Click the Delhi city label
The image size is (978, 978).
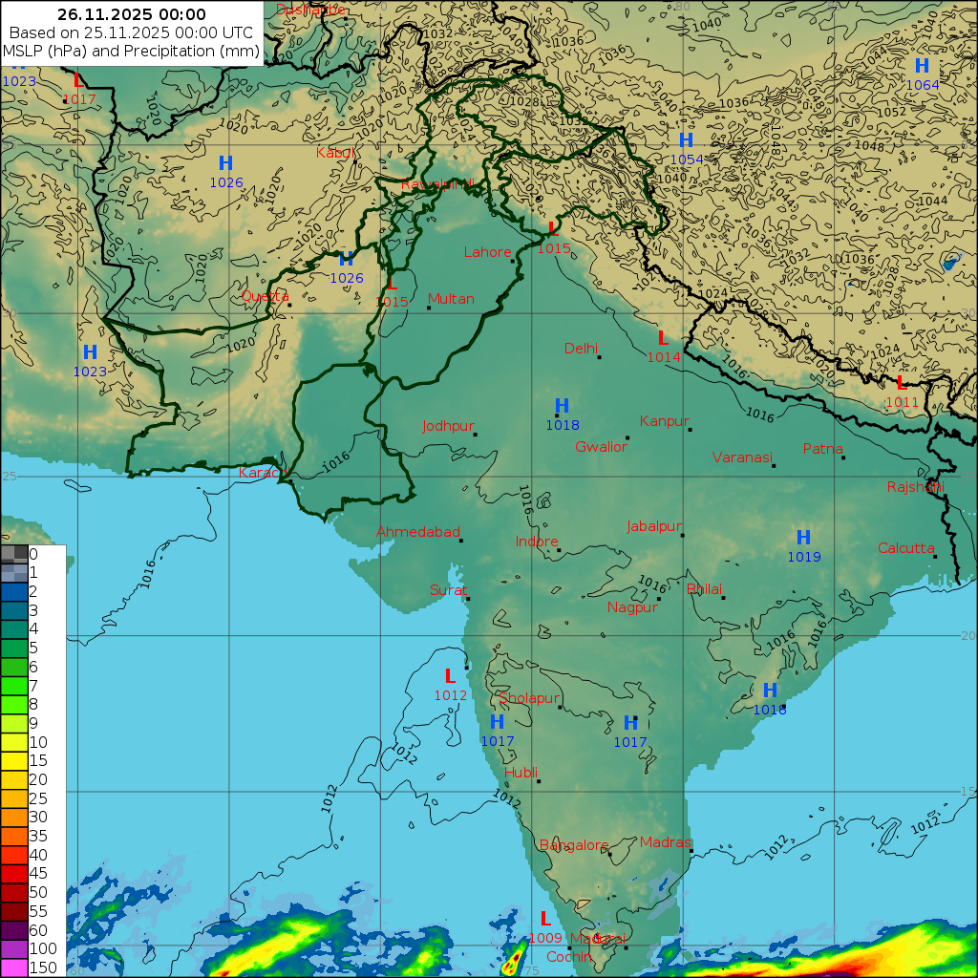point(581,348)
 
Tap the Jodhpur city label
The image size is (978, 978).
point(448,426)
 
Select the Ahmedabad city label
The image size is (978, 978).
point(418,532)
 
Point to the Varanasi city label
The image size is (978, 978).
point(741,457)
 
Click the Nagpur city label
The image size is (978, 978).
point(632,607)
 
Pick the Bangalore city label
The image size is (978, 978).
point(573,845)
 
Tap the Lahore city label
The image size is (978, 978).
point(487,252)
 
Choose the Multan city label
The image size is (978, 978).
point(451,299)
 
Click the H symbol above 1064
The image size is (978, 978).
point(922,66)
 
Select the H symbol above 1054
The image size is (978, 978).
point(686,140)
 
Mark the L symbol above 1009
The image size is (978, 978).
point(545,919)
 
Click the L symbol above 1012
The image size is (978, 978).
point(450,676)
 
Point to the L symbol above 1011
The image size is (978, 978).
point(901,383)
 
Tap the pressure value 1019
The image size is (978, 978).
point(803,557)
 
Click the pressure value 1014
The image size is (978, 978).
point(664,357)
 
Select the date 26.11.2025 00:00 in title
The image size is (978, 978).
point(131,14)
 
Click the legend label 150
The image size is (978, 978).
point(43,967)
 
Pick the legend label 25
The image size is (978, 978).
point(38,797)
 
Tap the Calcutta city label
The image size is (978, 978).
point(905,548)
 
